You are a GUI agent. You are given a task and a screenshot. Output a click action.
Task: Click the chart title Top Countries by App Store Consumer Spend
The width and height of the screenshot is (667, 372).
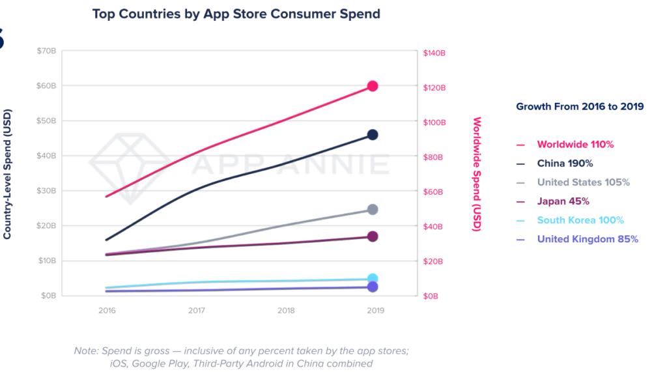point(236,14)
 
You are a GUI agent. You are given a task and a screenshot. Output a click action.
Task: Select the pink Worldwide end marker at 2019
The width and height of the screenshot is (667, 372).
point(373,86)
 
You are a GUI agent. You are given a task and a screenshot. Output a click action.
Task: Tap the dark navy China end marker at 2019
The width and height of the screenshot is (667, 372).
point(373,134)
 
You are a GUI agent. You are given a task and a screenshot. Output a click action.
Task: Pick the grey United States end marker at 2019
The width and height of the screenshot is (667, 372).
point(373,209)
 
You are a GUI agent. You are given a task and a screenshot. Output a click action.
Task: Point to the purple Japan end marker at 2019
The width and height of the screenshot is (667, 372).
point(373,236)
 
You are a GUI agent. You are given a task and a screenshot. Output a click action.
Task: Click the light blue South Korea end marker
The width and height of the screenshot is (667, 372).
point(373,279)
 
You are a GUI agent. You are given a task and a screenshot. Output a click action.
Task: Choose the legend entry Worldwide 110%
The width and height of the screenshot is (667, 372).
point(575,145)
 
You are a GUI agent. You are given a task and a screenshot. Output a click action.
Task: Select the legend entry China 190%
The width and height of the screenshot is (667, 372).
point(565,164)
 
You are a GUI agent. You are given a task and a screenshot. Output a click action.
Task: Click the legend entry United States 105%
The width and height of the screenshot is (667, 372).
point(583,182)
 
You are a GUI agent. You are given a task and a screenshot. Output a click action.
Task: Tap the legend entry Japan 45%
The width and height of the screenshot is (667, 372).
point(563,201)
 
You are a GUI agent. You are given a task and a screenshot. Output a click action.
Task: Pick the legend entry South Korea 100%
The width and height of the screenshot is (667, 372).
point(580,220)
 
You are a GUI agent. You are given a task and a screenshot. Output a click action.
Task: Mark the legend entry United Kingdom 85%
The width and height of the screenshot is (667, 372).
point(587,239)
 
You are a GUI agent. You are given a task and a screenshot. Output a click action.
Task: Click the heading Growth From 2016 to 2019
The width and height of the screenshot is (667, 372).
point(580,106)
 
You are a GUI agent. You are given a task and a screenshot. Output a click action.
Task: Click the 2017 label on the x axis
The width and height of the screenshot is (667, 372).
point(197,311)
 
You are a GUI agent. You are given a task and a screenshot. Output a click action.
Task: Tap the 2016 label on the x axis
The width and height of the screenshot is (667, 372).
point(107,311)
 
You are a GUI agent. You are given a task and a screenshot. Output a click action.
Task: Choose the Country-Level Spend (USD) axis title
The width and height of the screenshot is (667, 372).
point(7,173)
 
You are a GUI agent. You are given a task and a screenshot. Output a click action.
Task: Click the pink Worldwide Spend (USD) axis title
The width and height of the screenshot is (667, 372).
point(477,173)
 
